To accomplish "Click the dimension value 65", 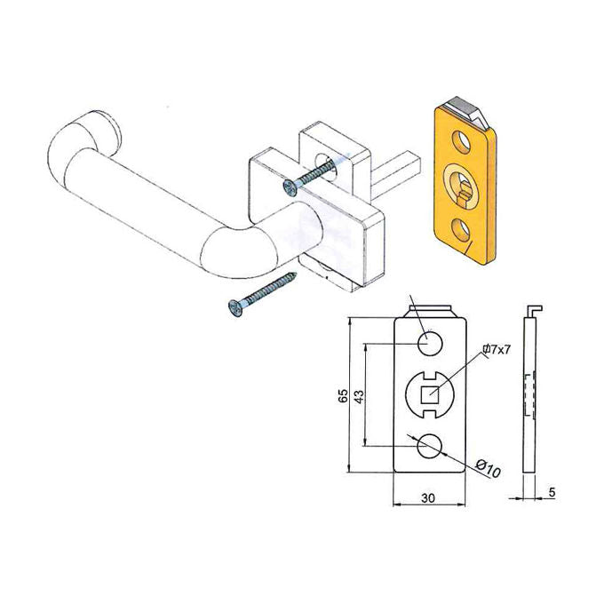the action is [x=343, y=395].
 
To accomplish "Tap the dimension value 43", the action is [x=359, y=397].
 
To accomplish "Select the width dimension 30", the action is [x=428, y=498].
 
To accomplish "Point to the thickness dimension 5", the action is [x=552, y=492].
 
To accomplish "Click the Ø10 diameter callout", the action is [x=488, y=468].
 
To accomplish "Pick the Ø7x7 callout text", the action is [x=497, y=349].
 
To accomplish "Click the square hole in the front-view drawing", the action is [x=430, y=394].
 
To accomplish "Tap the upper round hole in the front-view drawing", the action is [x=430, y=343].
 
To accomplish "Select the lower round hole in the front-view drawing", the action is [x=430, y=446].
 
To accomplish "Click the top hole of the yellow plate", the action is [x=462, y=142].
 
